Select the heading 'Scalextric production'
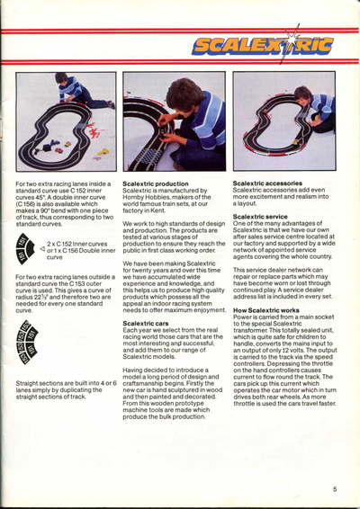coord(156,183)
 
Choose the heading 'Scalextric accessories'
coord(271,183)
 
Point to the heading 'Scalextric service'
coord(262,217)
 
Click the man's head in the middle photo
coord(184,94)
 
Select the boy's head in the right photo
coord(303,94)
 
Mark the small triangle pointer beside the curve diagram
coord(42,245)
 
